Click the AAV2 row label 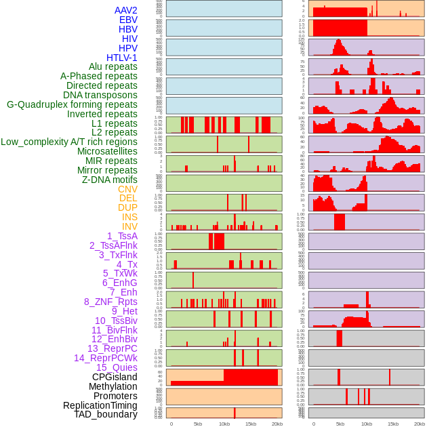click(125, 10)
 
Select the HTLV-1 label click(121, 58)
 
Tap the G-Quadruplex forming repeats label click(72, 104)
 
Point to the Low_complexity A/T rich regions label click(69, 142)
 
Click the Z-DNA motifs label click(109, 180)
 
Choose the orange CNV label click(127, 189)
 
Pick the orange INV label click(129, 226)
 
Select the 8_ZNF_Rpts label click(110, 302)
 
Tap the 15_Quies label click(117, 367)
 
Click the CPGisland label click(115, 377)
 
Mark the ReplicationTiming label click(100, 405)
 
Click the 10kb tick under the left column click(224, 424)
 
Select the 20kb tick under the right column click(420, 424)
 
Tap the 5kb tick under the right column click(340, 424)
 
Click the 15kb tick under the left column click(251, 424)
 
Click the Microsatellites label click(107, 151)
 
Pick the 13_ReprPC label click(112, 348)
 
